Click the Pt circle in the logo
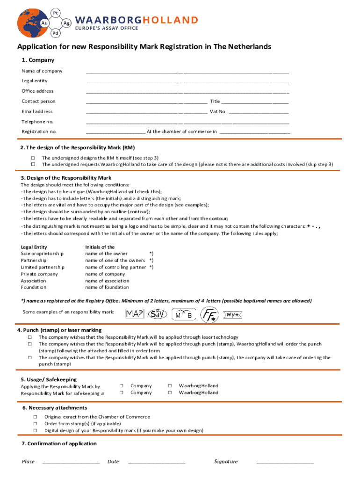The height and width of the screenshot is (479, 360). pos(56,12)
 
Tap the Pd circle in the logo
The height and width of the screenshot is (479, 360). pos(56,33)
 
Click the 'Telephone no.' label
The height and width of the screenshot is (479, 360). pos(37,122)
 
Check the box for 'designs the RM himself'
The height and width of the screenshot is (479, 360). pos(33,158)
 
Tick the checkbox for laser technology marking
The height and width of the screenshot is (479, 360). pos(30,337)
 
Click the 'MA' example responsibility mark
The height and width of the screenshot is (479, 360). pos(135,314)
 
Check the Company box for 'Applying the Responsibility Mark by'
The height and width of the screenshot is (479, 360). pos(121,386)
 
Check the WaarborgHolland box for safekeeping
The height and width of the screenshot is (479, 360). pos(170,393)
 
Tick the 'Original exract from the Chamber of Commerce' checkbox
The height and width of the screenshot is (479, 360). pos(35,417)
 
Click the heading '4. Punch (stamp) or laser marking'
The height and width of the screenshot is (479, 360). pos(59,330)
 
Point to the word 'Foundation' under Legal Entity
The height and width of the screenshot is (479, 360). pos(34,287)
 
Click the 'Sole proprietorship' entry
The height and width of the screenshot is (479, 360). pos(42,254)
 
